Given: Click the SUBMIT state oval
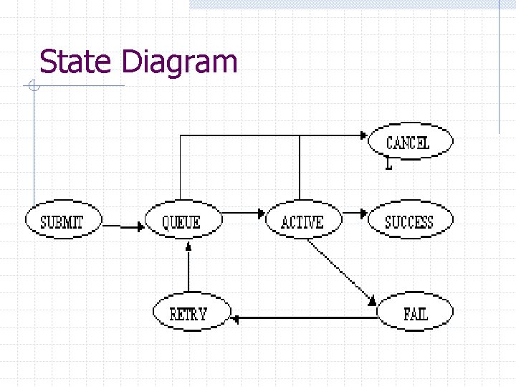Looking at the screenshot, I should click(62, 221).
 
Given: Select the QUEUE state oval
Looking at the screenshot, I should click(181, 221).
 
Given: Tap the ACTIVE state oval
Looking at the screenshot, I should click(302, 221).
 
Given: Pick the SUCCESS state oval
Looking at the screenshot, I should click(410, 221).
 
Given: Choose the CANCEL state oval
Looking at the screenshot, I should click(410, 142).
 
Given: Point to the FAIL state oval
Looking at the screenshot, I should click(415, 312).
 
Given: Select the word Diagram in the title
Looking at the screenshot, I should click(179, 63).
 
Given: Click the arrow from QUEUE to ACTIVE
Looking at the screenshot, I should click(242, 213).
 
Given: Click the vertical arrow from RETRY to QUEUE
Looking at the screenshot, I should click(188, 269).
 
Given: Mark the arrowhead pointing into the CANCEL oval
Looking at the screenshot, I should click(363, 135).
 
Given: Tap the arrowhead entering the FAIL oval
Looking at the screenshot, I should click(373, 301).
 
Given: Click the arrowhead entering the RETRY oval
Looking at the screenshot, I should click(236, 317).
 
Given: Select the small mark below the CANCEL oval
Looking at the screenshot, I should click(388, 164).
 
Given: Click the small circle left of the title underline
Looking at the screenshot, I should click(33, 87).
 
